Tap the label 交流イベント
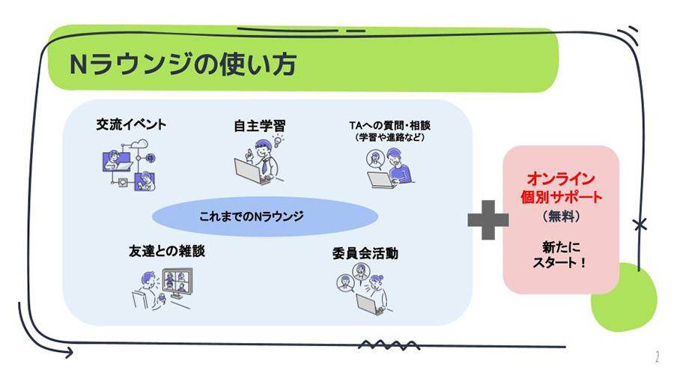click(x=131, y=124)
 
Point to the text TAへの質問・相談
click(x=386, y=124)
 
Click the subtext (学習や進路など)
click(x=386, y=138)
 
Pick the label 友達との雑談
click(x=166, y=252)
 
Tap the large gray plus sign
click(x=488, y=219)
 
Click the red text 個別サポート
click(x=561, y=198)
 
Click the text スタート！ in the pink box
click(x=561, y=264)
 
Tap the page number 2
click(x=657, y=357)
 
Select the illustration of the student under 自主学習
click(x=258, y=162)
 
